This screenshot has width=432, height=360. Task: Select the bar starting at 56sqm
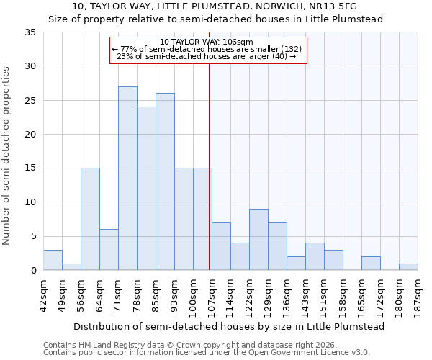point(90,219)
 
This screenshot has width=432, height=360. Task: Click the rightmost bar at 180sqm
point(408,267)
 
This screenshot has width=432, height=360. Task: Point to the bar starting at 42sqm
point(53,260)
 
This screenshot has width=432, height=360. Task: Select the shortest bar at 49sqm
point(71,266)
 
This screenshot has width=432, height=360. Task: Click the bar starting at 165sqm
point(371,264)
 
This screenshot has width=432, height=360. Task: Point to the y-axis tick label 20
point(30,135)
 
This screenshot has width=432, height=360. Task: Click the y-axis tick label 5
point(33,237)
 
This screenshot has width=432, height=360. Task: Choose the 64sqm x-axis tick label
point(99,293)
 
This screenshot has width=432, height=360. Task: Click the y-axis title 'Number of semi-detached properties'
point(7,155)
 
